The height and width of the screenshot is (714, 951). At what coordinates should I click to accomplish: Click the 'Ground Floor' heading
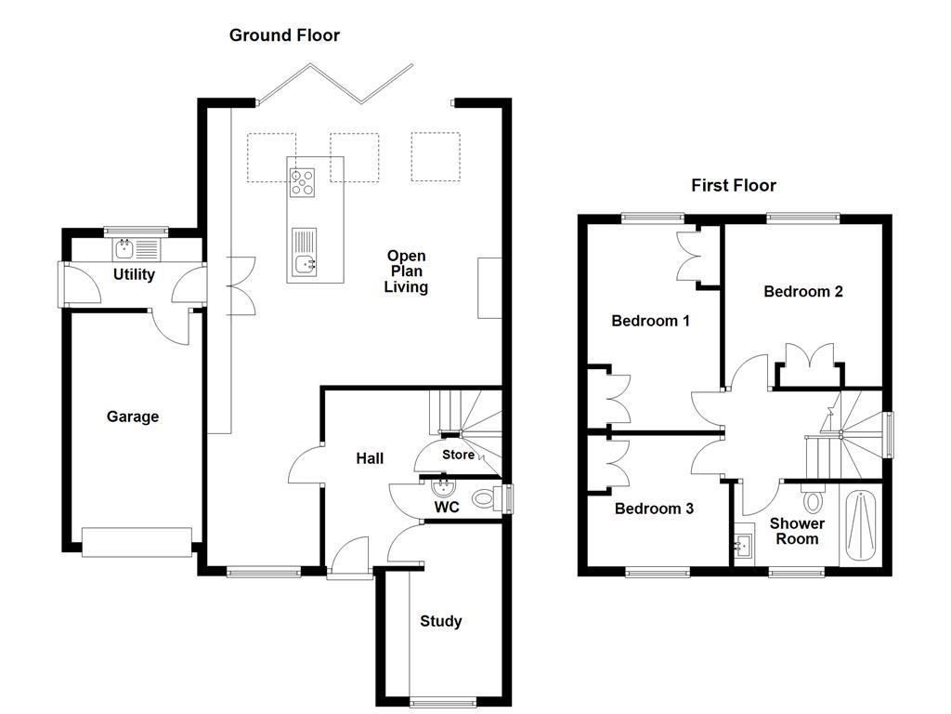point(284,35)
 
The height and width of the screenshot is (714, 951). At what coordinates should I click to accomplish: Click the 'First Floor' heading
point(733,185)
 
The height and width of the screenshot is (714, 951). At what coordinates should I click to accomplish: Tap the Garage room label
point(132,416)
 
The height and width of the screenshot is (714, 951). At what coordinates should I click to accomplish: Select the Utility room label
point(134,275)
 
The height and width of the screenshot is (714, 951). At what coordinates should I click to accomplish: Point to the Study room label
point(440,621)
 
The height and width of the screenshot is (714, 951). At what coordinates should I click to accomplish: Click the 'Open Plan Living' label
point(407,271)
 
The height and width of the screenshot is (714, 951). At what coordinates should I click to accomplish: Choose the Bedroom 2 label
point(802,291)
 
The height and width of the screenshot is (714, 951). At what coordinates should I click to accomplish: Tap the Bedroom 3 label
point(654,509)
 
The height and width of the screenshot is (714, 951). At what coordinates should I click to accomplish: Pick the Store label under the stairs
point(458,456)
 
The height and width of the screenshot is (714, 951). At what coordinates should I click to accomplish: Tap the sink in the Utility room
point(124,248)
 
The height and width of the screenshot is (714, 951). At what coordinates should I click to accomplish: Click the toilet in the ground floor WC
point(483,499)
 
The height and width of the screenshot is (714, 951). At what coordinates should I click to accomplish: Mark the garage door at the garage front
point(137,542)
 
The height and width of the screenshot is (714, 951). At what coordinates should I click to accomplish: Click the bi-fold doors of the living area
point(335,85)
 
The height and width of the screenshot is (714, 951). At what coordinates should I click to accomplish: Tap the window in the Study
point(442,701)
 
